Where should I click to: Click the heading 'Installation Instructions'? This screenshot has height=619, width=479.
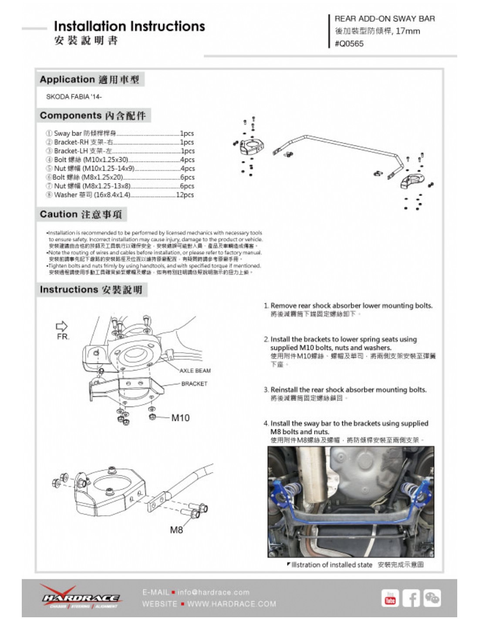(129, 26)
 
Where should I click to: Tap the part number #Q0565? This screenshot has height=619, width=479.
(349, 44)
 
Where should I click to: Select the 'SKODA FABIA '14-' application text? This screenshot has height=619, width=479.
(74, 97)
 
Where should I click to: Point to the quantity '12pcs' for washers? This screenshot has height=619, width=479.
(185, 195)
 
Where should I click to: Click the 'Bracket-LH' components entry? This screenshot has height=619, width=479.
(83, 151)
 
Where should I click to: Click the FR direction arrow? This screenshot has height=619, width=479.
(62, 326)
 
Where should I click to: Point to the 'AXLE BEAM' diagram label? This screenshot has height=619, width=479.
(195, 371)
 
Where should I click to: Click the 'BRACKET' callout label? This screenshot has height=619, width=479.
(194, 384)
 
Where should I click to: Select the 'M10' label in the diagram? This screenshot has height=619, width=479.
(180, 418)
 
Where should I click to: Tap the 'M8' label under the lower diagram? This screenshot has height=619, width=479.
(176, 530)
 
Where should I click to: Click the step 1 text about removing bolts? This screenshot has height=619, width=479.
(351, 306)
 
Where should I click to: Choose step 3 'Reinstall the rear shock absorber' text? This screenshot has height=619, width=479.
(348, 390)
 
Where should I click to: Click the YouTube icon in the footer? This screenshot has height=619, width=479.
(390, 598)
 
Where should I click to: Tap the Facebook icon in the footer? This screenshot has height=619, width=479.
(411, 598)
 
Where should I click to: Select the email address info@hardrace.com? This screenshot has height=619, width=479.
(213, 592)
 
